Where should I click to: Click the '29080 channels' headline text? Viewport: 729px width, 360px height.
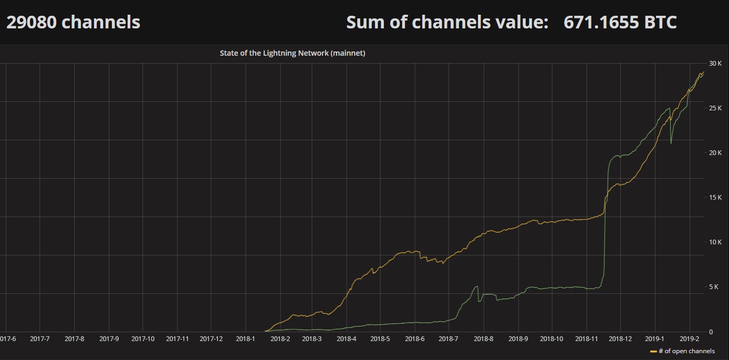pyautogui.click(x=73, y=22)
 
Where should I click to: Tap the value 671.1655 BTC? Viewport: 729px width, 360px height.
pyautogui.click(x=620, y=22)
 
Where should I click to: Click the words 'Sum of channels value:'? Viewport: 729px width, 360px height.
pyautogui.click(x=447, y=22)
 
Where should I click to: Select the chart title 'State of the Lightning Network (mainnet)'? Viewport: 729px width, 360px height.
pyautogui.click(x=293, y=53)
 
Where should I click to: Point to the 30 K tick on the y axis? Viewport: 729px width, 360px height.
pyautogui.click(x=715, y=64)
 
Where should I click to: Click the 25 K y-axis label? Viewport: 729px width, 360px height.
pyautogui.click(x=715, y=108)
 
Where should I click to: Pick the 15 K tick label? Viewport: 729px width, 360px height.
pyautogui.click(x=715, y=198)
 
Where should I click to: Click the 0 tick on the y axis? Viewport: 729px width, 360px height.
pyautogui.click(x=711, y=332)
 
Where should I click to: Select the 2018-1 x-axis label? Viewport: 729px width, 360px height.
pyautogui.click(x=245, y=339)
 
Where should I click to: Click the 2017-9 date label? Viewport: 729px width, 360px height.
pyautogui.click(x=109, y=339)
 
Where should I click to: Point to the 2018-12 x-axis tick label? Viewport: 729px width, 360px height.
pyautogui.click(x=620, y=339)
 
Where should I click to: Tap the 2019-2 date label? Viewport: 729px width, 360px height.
pyautogui.click(x=689, y=339)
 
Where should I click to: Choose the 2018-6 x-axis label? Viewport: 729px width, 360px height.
pyautogui.click(x=415, y=339)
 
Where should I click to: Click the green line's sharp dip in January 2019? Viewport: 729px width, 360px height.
pyautogui.click(x=671, y=143)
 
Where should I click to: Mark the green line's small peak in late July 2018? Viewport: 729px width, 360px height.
pyautogui.click(x=476, y=286)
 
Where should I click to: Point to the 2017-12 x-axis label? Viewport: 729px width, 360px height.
pyautogui.click(x=211, y=339)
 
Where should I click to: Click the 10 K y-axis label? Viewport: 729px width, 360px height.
pyautogui.click(x=715, y=242)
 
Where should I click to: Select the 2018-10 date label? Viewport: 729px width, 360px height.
pyautogui.click(x=551, y=339)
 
